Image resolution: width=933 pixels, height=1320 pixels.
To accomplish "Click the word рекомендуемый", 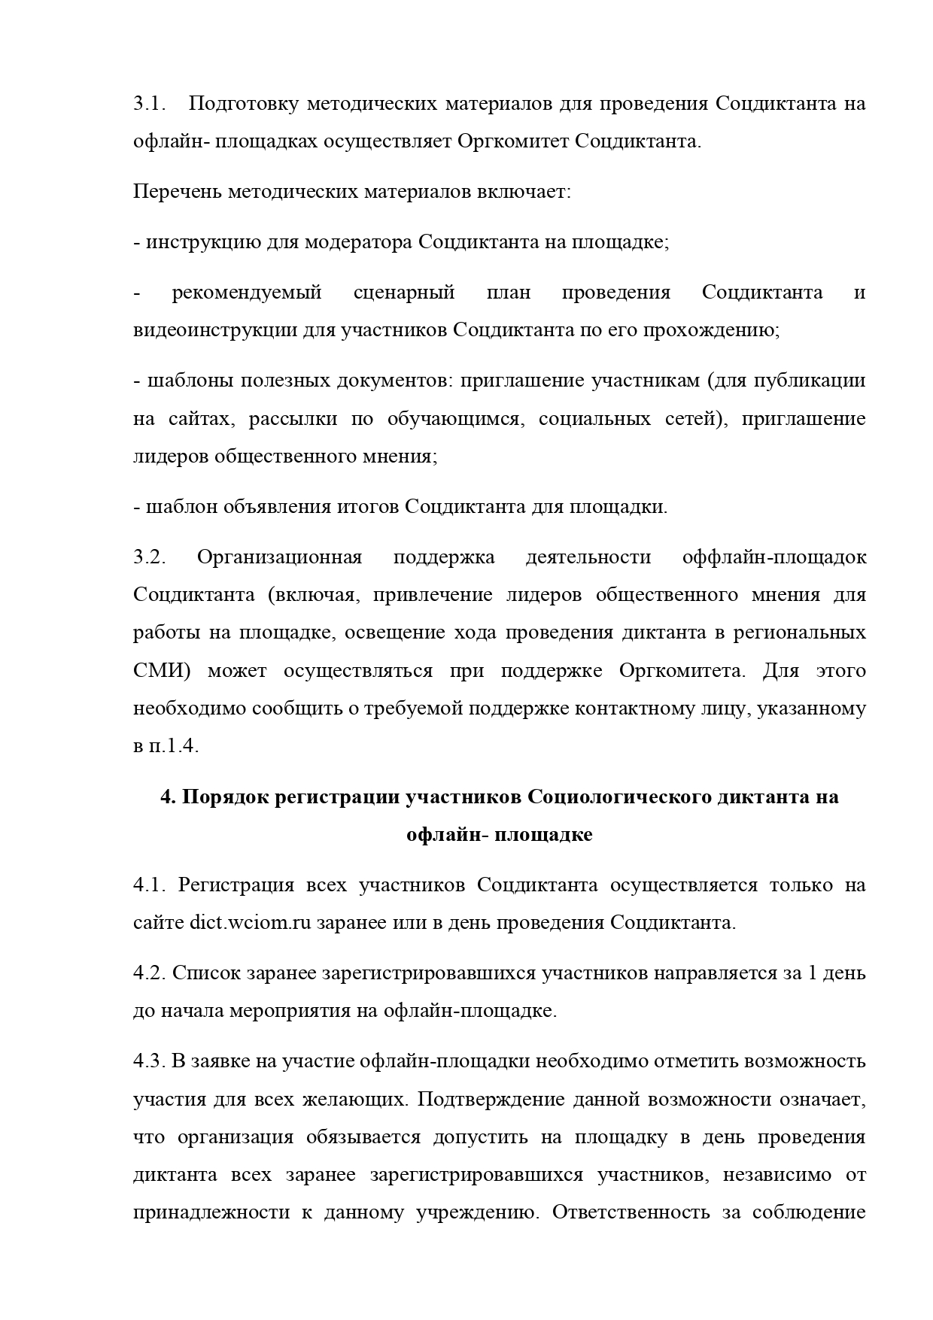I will pos(247,293).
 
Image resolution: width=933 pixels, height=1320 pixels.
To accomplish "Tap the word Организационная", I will pos(279,557).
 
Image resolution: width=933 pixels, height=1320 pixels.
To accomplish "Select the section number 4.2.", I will pos(149,973).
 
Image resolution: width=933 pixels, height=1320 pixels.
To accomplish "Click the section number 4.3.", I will pos(149,1061).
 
